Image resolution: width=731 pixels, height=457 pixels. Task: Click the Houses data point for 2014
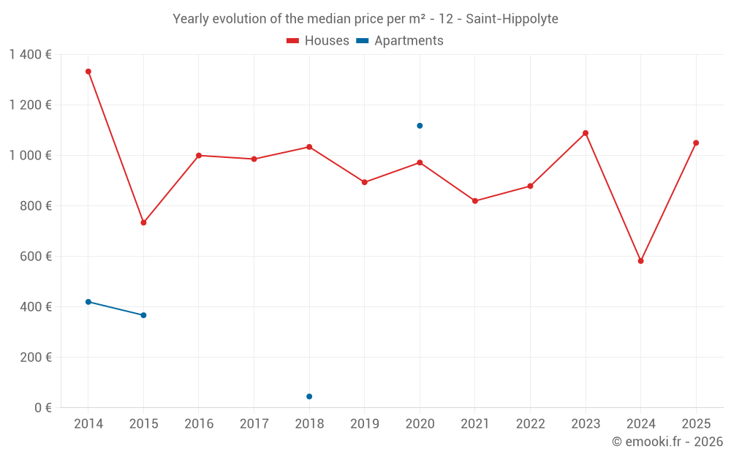click(88, 72)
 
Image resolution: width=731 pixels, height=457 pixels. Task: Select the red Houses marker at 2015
click(143, 222)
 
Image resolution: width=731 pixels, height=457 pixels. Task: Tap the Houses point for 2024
click(640, 261)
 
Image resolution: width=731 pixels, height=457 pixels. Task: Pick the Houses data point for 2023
click(586, 133)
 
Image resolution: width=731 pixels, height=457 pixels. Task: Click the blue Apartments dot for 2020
click(420, 126)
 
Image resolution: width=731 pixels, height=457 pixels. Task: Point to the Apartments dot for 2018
click(309, 396)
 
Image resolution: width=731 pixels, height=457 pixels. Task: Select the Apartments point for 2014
click(88, 302)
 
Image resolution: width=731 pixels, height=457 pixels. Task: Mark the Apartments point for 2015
click(143, 315)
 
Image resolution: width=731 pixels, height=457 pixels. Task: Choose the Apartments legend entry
click(400, 41)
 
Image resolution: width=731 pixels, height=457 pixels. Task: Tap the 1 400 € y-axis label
click(30, 55)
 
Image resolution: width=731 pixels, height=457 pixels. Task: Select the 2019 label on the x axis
click(364, 424)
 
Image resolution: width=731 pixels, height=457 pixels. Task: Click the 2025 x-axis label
click(695, 424)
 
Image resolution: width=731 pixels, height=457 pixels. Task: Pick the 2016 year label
click(199, 424)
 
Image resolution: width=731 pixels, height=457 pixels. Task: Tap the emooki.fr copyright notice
click(667, 442)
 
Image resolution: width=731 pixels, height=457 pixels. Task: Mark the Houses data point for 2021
click(475, 201)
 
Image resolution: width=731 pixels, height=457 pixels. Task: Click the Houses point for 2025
click(696, 143)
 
